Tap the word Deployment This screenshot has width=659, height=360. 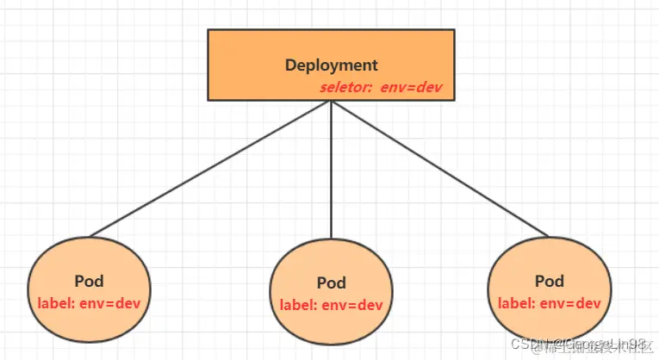[x=331, y=65]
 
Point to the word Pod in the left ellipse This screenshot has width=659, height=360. [x=90, y=281]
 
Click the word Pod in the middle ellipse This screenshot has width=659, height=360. [x=332, y=282]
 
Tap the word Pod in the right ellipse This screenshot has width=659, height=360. [x=549, y=281]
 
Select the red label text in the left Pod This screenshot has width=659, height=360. [x=89, y=303]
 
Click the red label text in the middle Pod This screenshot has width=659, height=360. [x=331, y=305]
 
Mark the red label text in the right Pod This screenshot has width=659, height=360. [x=549, y=303]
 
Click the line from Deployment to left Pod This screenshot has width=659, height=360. [x=211, y=168]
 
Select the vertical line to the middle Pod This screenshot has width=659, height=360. [x=332, y=172]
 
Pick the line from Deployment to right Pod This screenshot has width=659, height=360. [x=439, y=168]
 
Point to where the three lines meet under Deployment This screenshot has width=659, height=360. [x=332, y=102]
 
